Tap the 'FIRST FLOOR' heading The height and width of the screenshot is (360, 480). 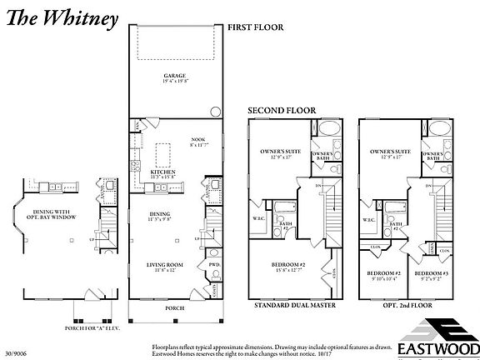(x=256, y=27)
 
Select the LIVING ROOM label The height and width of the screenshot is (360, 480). (x=165, y=265)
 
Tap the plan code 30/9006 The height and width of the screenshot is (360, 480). (x=14, y=353)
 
